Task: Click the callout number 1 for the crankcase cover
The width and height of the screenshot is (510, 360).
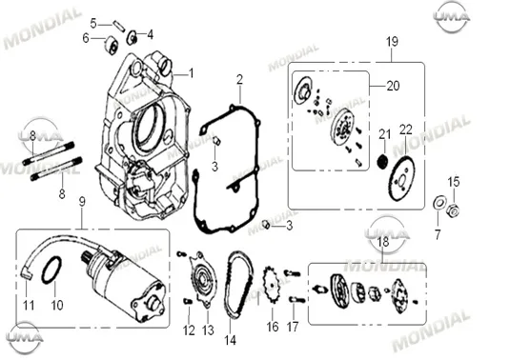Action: pyautogui.click(x=192, y=73)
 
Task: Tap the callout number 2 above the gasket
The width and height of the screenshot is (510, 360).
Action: pyautogui.click(x=239, y=80)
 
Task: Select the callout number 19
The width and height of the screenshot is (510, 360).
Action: pyautogui.click(x=392, y=42)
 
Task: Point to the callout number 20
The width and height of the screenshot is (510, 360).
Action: pyautogui.click(x=393, y=86)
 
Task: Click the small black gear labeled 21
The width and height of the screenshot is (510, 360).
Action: pyautogui.click(x=384, y=162)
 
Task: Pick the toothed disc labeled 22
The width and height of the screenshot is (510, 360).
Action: pyautogui.click(x=402, y=178)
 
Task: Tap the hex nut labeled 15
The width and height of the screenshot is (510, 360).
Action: pyautogui.click(x=454, y=211)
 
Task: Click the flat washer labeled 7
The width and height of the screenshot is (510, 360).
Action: pyautogui.click(x=439, y=204)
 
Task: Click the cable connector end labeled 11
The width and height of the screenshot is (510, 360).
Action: pyautogui.click(x=28, y=274)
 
